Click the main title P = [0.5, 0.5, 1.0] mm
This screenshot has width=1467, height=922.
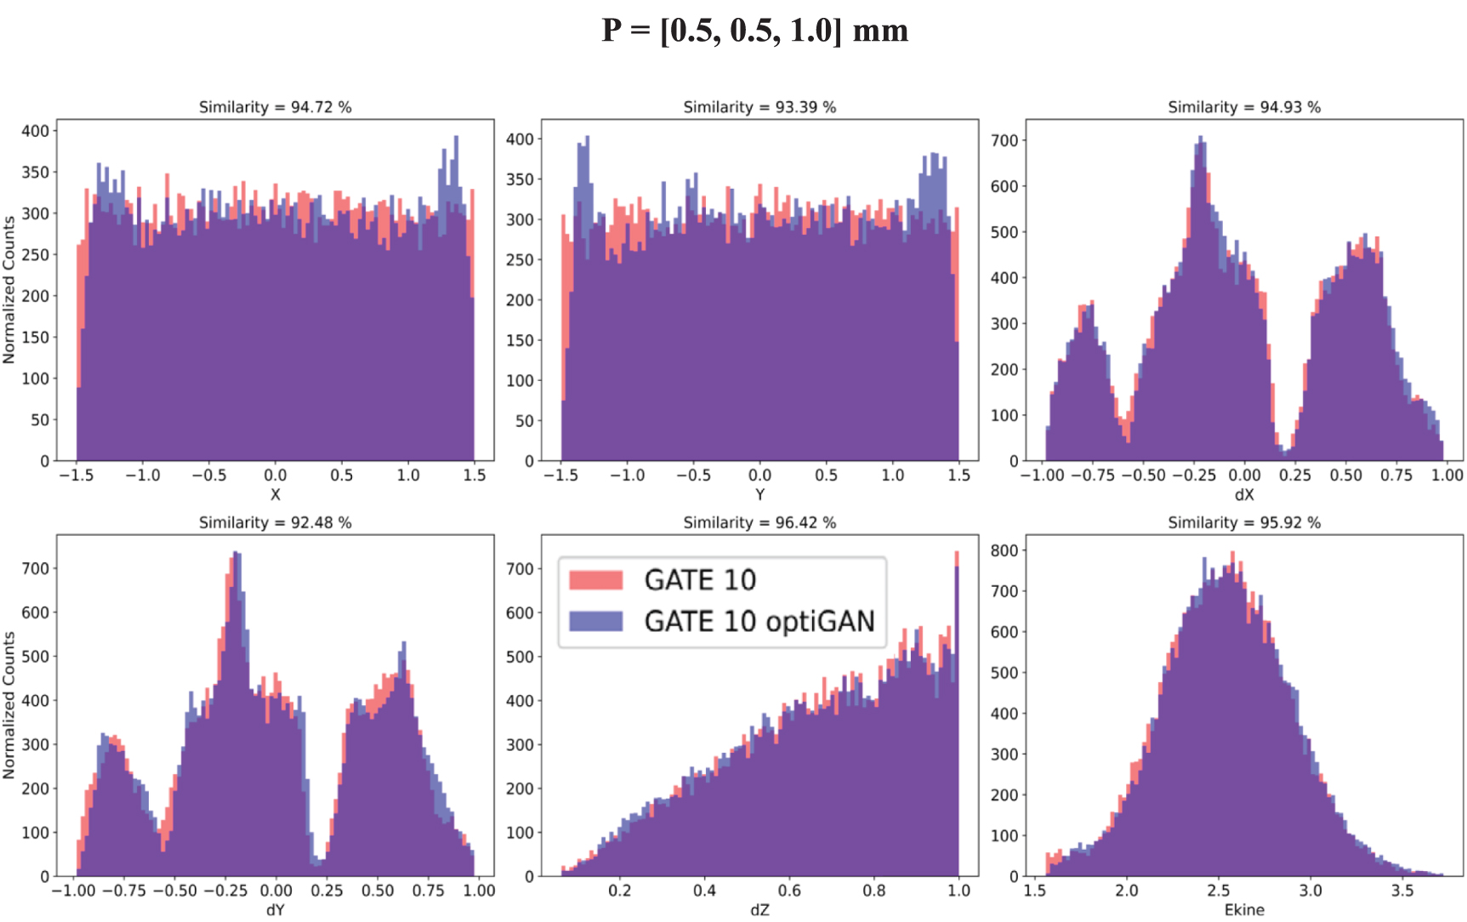coord(754,31)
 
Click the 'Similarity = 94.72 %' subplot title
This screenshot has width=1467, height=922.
coord(275,107)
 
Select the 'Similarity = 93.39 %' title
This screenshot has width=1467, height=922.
coord(759,107)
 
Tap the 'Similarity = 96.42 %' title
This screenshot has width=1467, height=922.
coord(759,522)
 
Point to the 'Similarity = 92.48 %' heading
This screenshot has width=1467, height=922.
coord(275,522)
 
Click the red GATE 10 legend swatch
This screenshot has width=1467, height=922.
coord(595,580)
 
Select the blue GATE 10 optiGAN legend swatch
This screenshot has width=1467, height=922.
coord(595,621)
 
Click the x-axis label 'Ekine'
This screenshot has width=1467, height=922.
coord(1244,910)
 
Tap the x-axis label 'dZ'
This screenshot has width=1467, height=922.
coord(759,910)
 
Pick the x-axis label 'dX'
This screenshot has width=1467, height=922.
coord(1244,494)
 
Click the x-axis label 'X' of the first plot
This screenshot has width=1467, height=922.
coord(275,494)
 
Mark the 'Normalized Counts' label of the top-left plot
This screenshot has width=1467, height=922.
coord(9,290)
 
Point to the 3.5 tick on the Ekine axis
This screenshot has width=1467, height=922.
coord(1402,891)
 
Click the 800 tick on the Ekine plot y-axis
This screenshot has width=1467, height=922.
coord(1004,550)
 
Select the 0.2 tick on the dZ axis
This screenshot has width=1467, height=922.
coord(619,891)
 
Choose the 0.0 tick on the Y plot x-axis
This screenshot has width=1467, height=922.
coord(759,475)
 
